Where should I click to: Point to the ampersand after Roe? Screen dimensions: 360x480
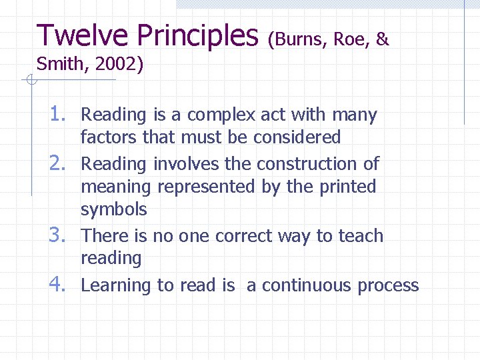(382, 40)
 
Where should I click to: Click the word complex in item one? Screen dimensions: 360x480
(221, 115)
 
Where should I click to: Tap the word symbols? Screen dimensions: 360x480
(113, 210)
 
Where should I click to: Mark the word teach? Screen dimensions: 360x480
(360, 236)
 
